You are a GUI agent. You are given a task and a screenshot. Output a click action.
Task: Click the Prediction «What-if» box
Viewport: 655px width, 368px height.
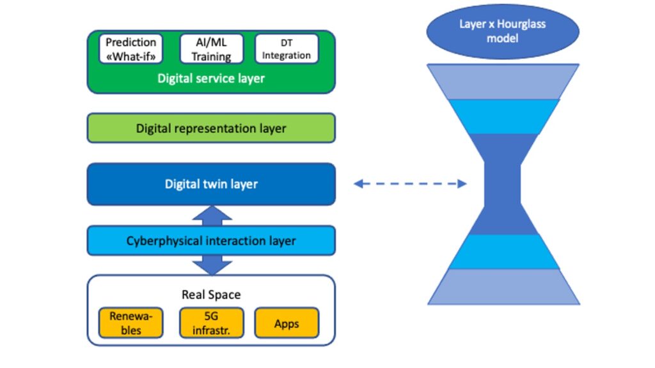[131, 49]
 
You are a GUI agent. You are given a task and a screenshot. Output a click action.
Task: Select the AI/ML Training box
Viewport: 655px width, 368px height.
[211, 49]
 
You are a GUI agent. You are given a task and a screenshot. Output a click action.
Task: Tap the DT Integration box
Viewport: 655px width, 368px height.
[287, 49]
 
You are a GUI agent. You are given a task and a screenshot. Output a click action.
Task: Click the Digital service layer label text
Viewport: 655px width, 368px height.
[211, 79]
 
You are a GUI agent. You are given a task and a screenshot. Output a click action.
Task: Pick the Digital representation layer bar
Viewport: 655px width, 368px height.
[211, 128]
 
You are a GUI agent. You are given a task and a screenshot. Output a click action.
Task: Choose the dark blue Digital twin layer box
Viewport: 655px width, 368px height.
[211, 184]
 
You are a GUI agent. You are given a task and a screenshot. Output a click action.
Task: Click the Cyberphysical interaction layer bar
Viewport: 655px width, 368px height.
[211, 241]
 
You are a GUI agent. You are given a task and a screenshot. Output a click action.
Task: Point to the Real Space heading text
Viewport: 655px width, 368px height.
[211, 295]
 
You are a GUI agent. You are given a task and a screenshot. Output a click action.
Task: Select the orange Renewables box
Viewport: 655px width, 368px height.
[130, 323]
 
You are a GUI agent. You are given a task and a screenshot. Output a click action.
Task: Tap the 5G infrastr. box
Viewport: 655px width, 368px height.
[211, 323]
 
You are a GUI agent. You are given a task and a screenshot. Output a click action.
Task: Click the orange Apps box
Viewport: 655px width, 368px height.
[287, 323]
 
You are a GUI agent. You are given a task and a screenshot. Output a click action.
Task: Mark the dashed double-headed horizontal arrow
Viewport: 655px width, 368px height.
[410, 184]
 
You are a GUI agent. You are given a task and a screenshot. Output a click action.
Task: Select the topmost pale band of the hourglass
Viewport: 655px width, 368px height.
[503, 81]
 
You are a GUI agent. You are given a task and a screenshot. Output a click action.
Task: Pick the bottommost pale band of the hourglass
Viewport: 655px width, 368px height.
[503, 286]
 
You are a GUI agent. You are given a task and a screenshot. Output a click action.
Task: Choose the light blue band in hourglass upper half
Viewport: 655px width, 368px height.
[503, 116]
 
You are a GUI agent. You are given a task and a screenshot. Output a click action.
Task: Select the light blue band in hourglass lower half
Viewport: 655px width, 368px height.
[503, 252]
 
